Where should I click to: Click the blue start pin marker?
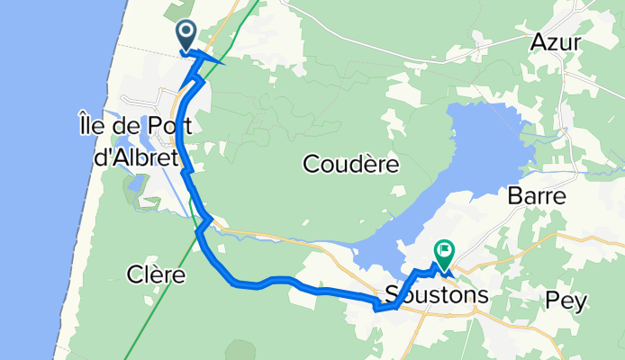coord(186,34)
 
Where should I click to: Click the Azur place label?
coord(556,42)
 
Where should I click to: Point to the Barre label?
coord(536,195)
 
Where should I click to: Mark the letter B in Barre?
coord(515,195)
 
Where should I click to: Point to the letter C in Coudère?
coord(312,165)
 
